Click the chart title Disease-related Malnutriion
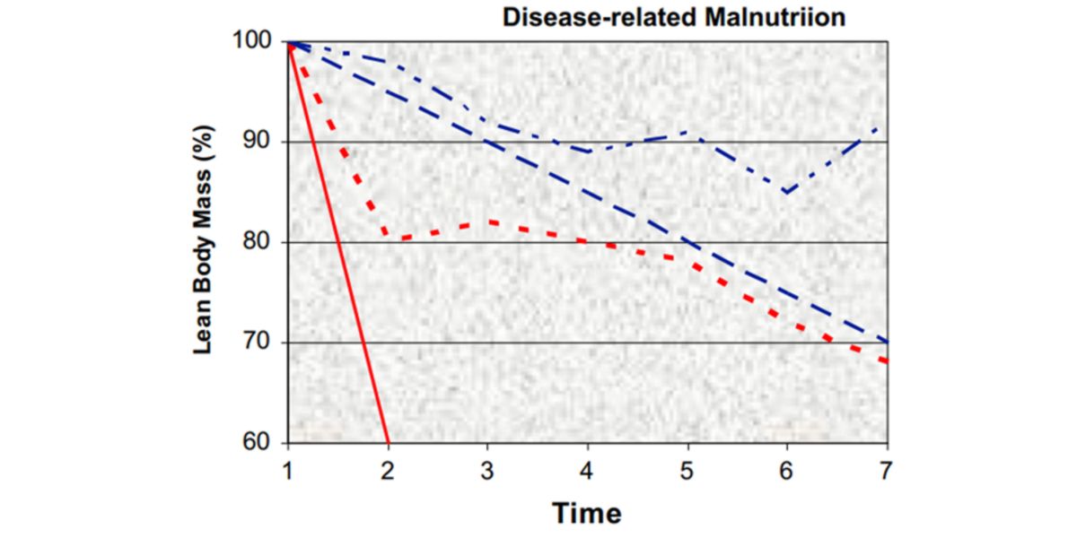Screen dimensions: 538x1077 coord(673,17)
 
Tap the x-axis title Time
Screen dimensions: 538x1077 coord(587,514)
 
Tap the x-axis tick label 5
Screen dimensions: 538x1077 coord(687,469)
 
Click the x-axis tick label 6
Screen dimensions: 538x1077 coord(787,469)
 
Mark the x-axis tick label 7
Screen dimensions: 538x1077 coord(887,469)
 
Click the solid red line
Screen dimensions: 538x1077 coord(338,242)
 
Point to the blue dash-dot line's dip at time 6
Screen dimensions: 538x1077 coord(787,192)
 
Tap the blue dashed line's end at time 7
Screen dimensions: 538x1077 coord(887,342)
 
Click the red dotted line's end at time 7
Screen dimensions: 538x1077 coord(887,361)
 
